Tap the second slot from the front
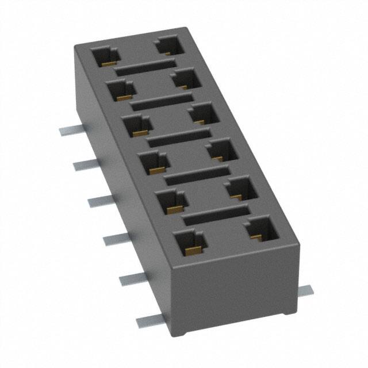pyautogui.click(x=197, y=176)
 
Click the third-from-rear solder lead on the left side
pyautogui.click(x=99, y=201)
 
